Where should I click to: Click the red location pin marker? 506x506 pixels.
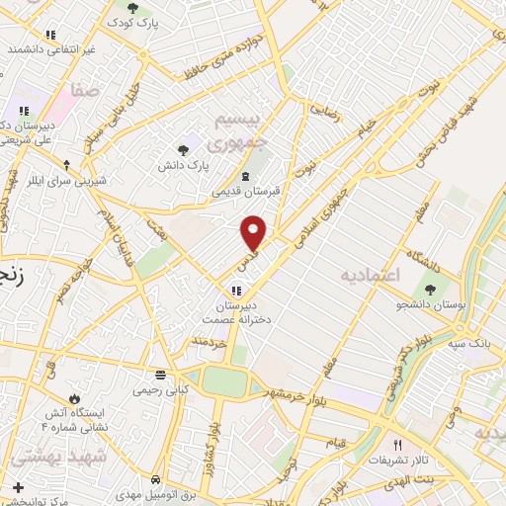(x=254, y=232)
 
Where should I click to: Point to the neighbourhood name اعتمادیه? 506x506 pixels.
(x=369, y=274)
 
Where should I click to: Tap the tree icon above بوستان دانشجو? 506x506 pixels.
(x=430, y=289)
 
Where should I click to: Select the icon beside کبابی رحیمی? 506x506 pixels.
(x=160, y=375)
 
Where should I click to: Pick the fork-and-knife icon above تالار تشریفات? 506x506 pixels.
(x=398, y=446)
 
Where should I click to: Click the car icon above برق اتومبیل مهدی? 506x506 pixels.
(x=156, y=479)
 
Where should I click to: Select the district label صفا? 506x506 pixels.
(x=84, y=91)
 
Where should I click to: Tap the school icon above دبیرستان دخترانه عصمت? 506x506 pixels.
(x=235, y=291)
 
